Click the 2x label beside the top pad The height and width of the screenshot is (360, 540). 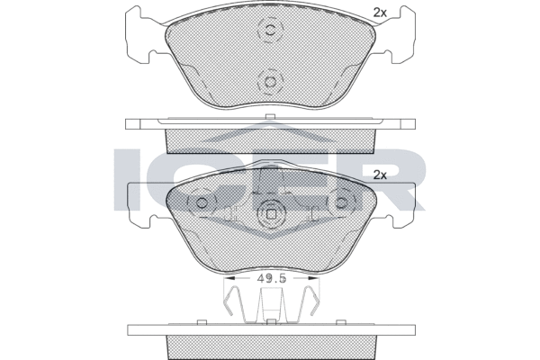coord(380,13)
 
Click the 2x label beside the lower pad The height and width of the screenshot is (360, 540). coord(380,175)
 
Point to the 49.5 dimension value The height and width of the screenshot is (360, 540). coord(272,279)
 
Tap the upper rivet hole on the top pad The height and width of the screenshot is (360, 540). coord(271,30)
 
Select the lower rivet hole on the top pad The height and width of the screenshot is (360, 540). coord(270,82)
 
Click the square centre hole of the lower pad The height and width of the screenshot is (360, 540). coord(272,214)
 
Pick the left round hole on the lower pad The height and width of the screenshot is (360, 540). coord(202,202)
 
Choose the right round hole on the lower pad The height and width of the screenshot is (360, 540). coord(341,202)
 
